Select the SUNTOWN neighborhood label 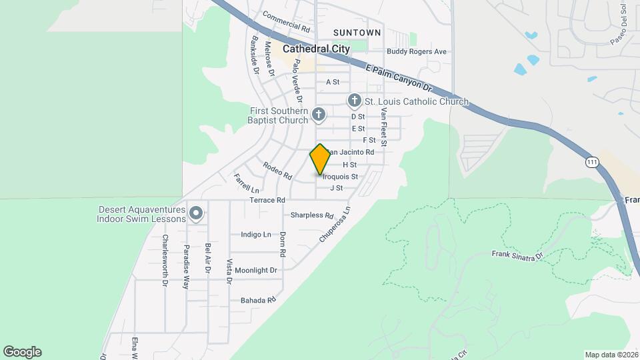pyautogui.click(x=357, y=32)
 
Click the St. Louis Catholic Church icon pyautogui.click(x=354, y=101)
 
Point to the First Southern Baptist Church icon pyautogui.click(x=319, y=115)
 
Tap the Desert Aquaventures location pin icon pyautogui.click(x=195, y=213)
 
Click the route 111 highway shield pyautogui.click(x=591, y=162)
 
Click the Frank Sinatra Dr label pyautogui.click(x=518, y=254)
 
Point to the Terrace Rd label pyautogui.click(x=267, y=200)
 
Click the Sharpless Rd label pyautogui.click(x=311, y=215)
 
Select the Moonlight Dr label pyautogui.click(x=255, y=271)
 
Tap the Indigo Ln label pyautogui.click(x=256, y=235)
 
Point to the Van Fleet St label pyautogui.click(x=384, y=129)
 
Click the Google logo pyautogui.click(x=22, y=352)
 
